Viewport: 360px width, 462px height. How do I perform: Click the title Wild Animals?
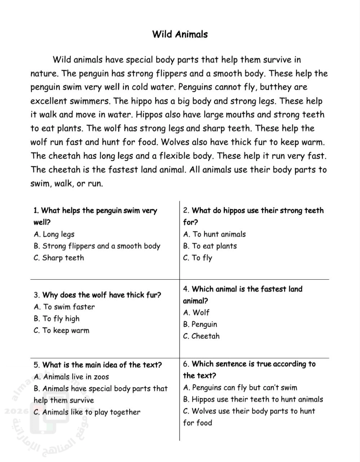pos(180,34)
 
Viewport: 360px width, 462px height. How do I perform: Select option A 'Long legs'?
pos(54,234)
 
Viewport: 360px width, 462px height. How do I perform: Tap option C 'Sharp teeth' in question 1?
pos(58,258)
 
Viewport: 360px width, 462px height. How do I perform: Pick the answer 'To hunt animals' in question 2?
pos(214,234)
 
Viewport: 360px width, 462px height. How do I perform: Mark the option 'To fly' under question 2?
pos(197,258)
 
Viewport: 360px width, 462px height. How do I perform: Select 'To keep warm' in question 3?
pos(61,331)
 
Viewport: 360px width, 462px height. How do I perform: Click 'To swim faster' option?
pos(64,307)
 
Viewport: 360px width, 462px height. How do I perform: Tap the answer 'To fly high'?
pos(56,319)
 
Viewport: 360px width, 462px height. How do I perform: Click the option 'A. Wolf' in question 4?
pos(196,313)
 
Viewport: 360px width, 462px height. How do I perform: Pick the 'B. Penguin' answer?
pos(200,324)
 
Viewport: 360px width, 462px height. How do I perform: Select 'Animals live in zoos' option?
pos(71,377)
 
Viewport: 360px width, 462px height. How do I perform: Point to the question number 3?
pos(36,295)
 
